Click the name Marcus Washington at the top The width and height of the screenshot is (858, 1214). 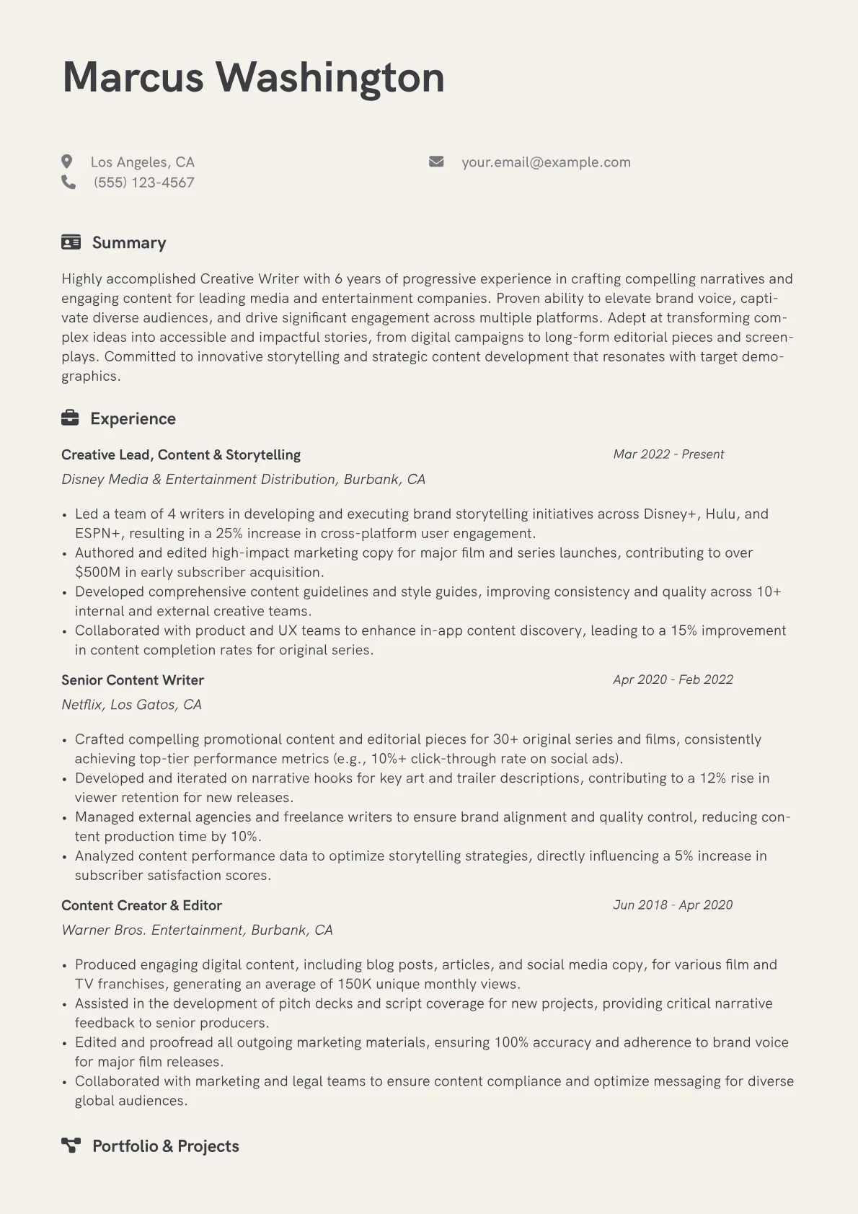[253, 77]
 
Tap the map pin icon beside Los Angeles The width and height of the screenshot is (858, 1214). [67, 162]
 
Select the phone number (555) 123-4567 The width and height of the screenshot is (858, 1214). [143, 182]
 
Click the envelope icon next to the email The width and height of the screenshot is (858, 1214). [436, 162]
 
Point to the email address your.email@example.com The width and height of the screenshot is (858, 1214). [546, 162]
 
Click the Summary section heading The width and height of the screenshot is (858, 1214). [129, 243]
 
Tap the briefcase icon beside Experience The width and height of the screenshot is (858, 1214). [70, 418]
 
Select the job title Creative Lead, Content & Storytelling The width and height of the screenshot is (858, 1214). [181, 455]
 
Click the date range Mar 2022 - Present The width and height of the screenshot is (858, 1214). [668, 454]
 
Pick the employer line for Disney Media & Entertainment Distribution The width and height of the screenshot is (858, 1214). [243, 480]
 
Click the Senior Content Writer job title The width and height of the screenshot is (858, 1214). [133, 680]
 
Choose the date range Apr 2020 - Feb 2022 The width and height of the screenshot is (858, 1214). [673, 679]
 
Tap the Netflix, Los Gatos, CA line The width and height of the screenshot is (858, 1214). [131, 705]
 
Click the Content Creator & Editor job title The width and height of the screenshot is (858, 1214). [141, 905]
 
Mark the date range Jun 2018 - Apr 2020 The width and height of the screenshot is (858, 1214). [673, 905]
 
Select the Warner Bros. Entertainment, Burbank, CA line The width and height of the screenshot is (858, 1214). [197, 931]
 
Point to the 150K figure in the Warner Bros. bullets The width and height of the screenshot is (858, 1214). [354, 984]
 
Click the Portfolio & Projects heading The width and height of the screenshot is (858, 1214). [166, 1146]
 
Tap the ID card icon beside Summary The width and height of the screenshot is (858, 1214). [71, 242]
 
